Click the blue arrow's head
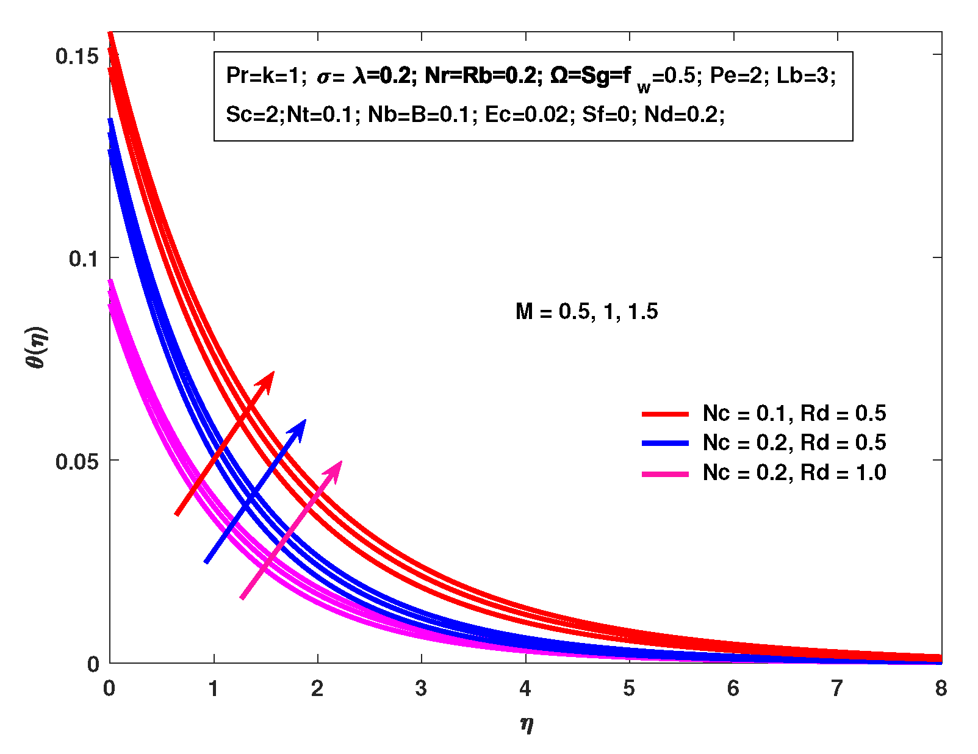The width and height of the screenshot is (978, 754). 299,428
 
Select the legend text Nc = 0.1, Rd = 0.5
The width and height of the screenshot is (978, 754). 794,414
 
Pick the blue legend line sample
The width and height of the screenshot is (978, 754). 665,443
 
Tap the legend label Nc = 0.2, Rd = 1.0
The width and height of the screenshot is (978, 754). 794,473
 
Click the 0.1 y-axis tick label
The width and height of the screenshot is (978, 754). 83,259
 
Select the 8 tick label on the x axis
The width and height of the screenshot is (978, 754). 941,689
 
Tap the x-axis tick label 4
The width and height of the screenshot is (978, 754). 525,689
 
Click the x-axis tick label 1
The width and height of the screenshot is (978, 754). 214,689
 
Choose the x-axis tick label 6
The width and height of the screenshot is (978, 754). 733,689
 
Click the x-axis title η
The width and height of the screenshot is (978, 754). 527,724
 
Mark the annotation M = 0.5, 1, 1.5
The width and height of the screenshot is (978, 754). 586,312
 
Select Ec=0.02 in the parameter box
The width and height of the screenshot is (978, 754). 527,115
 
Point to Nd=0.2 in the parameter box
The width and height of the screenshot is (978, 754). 683,115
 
